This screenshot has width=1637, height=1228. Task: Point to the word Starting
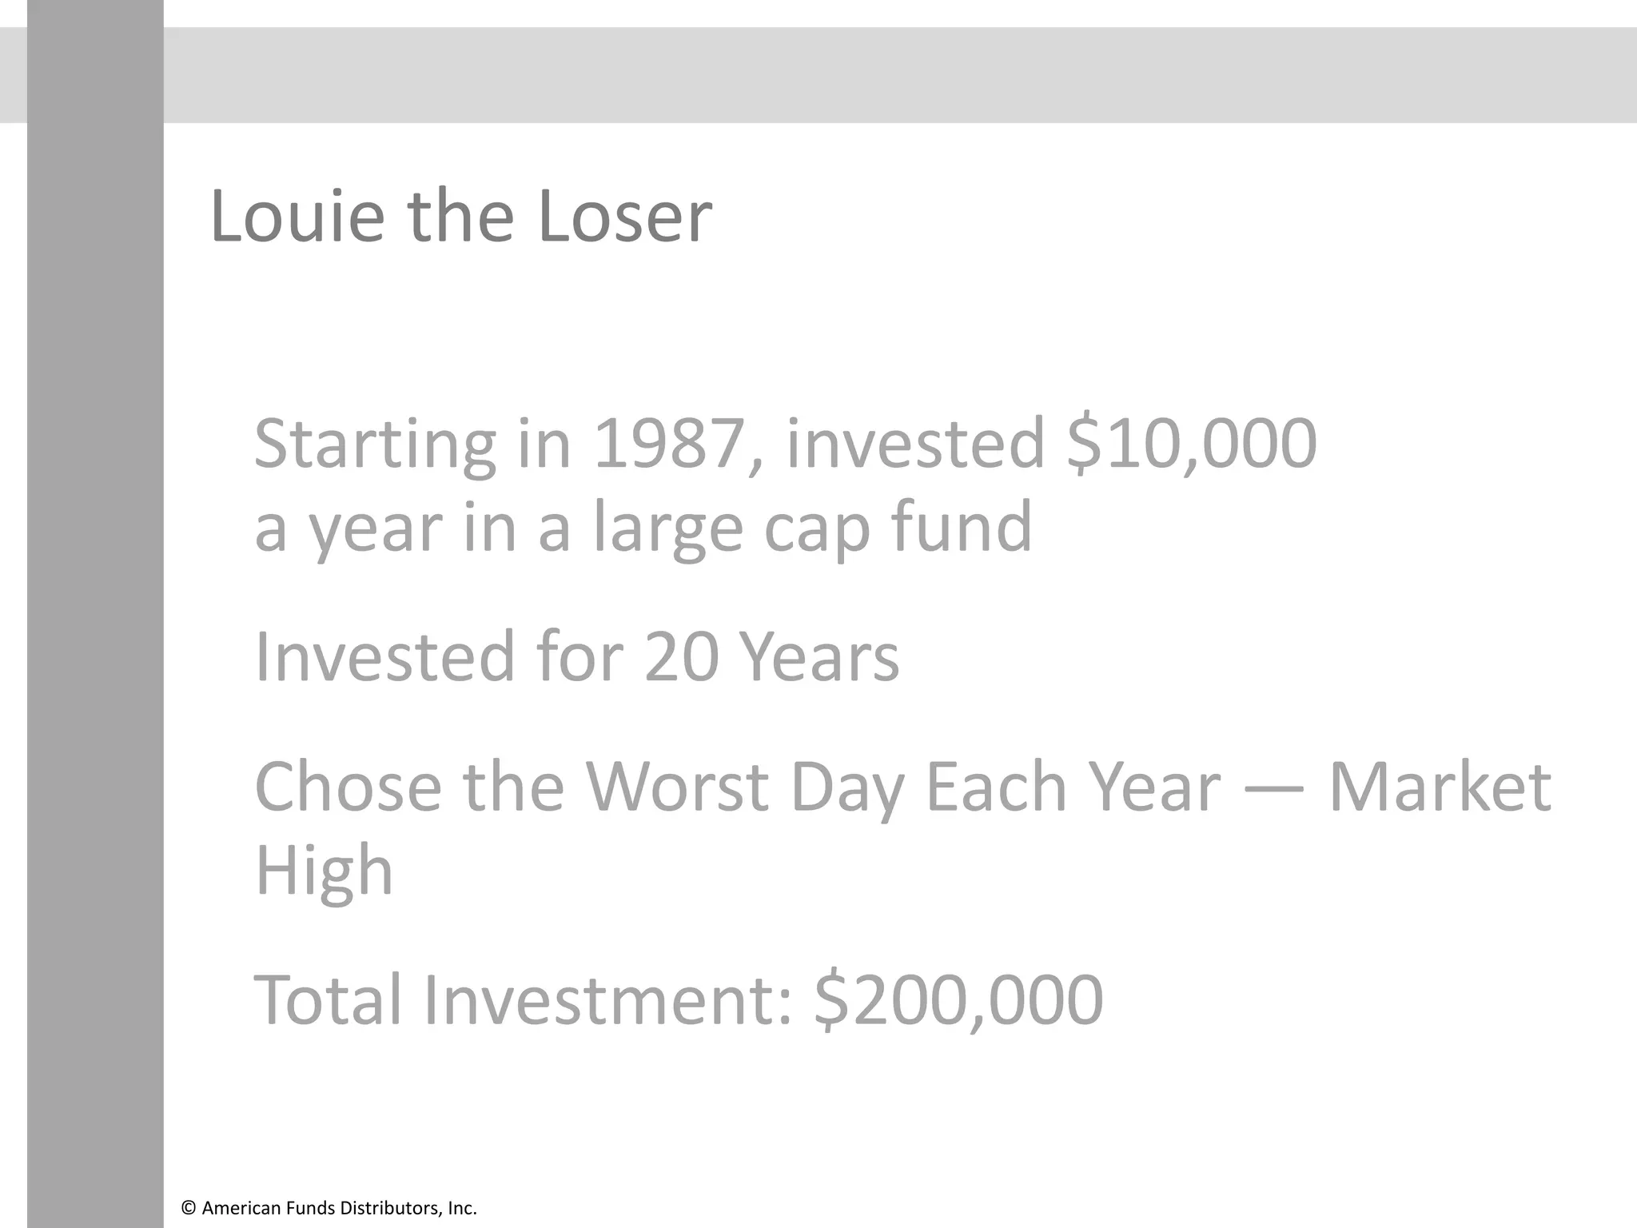tap(374, 445)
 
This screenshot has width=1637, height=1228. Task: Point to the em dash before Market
tap(1274, 788)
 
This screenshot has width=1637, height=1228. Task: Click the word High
tap(324, 871)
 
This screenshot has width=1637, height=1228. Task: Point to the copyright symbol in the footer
tap(189, 1208)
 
